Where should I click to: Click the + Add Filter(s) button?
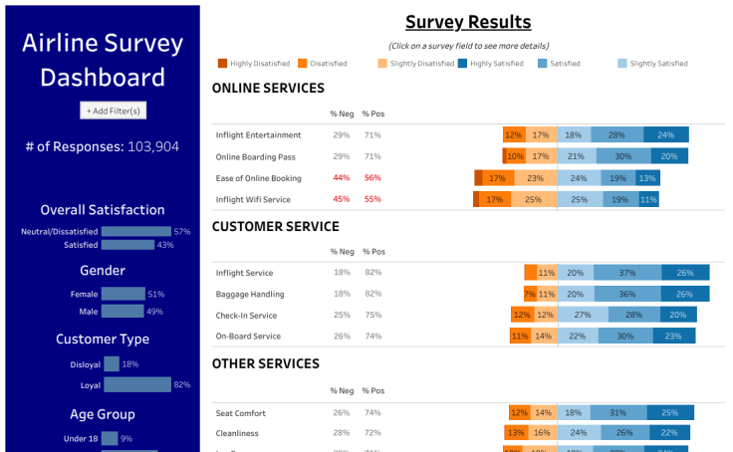point(113,111)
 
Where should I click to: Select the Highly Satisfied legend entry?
point(495,64)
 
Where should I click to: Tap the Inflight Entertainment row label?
point(258,135)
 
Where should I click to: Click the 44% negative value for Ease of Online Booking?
point(341,178)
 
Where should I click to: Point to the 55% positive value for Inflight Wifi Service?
point(372,200)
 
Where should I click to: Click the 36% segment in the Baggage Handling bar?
point(626,295)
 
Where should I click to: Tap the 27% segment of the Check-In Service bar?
point(583,316)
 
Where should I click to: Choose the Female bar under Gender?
point(123,294)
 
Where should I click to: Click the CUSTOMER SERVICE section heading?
point(275,226)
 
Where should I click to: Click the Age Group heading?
point(103,414)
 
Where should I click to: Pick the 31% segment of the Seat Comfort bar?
point(617,412)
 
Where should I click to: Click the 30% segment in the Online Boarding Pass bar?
point(622,156)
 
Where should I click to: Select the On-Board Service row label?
point(248,337)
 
